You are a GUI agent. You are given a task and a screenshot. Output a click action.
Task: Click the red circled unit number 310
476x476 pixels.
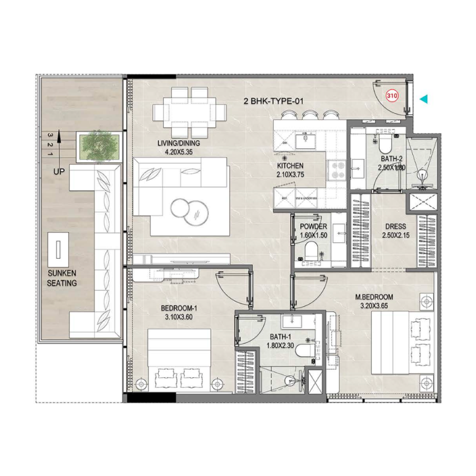point(392,95)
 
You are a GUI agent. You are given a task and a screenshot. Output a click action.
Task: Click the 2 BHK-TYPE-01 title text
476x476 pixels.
point(274,101)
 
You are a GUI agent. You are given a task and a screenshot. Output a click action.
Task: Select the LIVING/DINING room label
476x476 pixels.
point(178,143)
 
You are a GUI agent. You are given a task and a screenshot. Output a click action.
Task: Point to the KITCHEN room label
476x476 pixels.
point(290,166)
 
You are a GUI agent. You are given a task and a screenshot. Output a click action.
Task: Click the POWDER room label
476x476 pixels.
point(314,227)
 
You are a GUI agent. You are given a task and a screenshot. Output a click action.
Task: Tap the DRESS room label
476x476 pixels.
point(395,227)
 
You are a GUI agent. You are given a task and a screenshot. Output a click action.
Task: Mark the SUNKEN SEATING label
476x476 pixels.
point(62,278)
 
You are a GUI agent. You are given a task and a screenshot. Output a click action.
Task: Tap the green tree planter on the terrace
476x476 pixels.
point(100,144)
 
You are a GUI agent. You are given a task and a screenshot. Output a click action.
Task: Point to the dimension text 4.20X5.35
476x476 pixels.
point(178,152)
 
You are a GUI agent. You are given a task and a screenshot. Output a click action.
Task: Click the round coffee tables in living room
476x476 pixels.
point(189,210)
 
